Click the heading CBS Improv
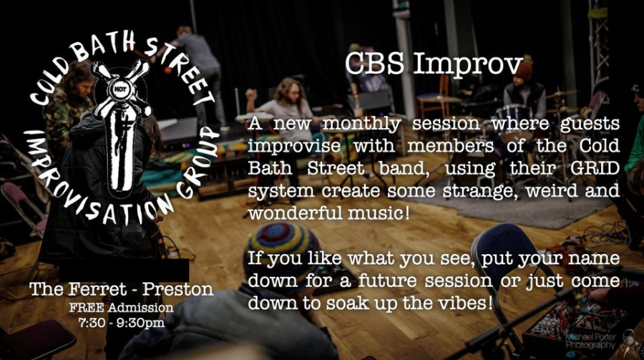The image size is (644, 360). pos(434,64)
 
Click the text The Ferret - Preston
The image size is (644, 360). pos(122,289)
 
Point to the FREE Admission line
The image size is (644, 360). pos(122,308)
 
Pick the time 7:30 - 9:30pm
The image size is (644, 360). pos(122,323)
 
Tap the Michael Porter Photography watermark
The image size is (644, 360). pos(591,341)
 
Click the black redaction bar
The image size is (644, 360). pos(124,271)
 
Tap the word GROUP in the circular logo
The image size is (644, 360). pos(198,162)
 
